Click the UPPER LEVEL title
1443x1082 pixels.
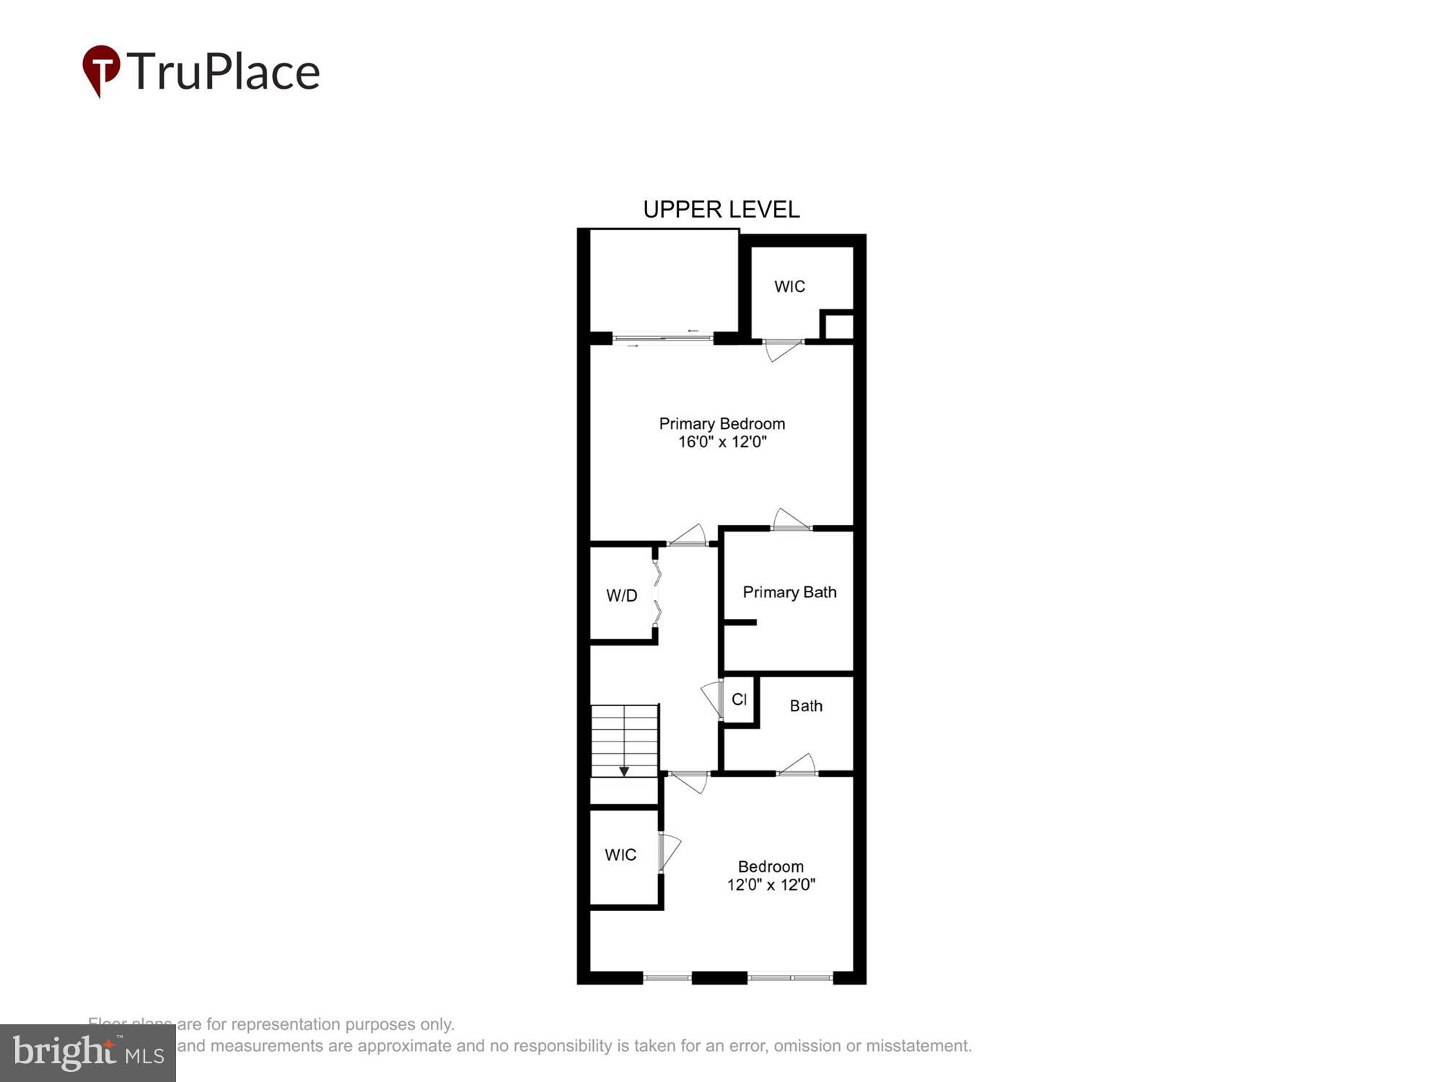(721, 209)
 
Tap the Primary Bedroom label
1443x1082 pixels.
(721, 423)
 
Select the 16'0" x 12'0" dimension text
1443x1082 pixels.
(721, 441)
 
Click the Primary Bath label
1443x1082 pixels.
(789, 592)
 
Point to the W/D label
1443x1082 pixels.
(621, 596)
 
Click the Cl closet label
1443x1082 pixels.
(739, 699)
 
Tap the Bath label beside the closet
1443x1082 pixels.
(806, 706)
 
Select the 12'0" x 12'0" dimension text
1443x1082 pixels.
(771, 885)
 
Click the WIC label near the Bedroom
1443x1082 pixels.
(620, 855)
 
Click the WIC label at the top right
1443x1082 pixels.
(789, 286)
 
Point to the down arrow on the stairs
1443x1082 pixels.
(624, 771)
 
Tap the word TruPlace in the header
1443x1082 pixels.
(224, 72)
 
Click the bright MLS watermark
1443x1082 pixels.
(88, 1053)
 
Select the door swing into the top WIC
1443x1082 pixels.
(783, 349)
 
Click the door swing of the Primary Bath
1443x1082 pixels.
(790, 519)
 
